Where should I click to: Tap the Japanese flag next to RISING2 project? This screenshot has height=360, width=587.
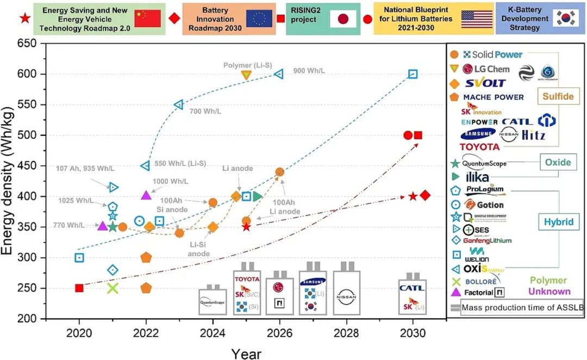point(343,19)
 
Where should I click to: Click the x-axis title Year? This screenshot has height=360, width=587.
point(246,353)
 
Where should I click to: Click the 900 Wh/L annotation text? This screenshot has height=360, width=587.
point(308,71)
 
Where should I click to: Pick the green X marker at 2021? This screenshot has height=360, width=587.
point(113,288)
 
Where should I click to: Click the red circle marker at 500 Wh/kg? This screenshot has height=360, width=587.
point(408,135)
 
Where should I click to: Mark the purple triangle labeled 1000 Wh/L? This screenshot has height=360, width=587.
point(146,195)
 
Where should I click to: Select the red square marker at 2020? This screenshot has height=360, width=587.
point(79,288)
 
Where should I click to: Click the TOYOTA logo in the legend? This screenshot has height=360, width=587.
point(479,146)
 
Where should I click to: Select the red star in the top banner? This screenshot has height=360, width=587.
point(24,18)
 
